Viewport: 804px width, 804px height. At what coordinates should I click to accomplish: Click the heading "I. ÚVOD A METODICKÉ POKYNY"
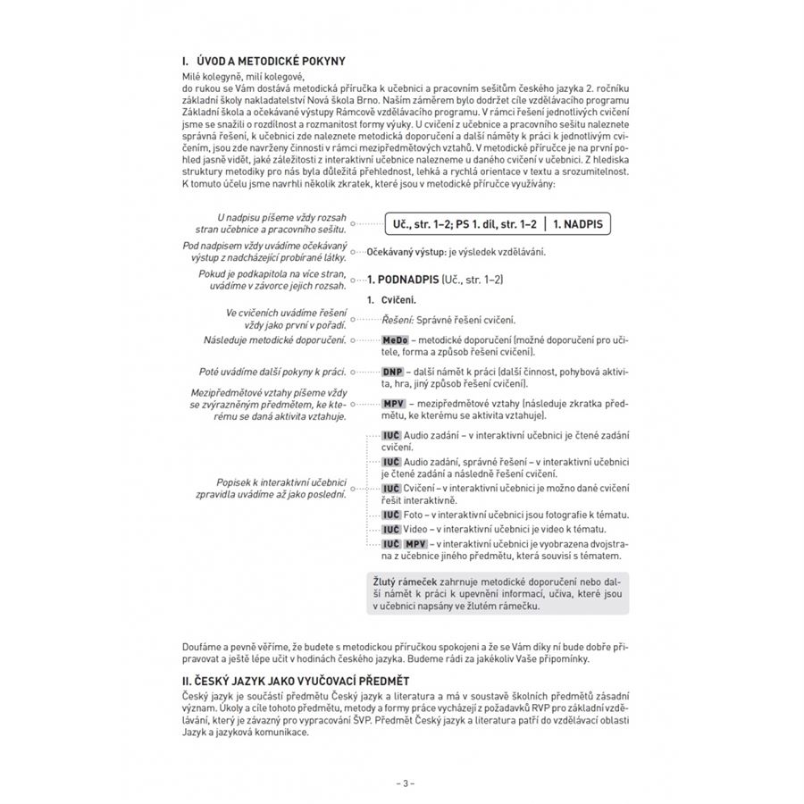click(x=263, y=62)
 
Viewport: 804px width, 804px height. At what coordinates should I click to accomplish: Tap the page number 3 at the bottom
click(x=405, y=784)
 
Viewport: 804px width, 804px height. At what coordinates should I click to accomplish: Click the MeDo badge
click(x=394, y=340)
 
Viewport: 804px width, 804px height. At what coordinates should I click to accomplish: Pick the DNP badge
click(x=392, y=371)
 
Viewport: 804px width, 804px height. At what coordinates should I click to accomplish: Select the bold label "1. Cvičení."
click(x=392, y=300)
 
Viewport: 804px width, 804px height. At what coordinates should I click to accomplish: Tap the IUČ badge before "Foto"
click(x=390, y=515)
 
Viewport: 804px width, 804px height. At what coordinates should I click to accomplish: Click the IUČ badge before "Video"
click(x=390, y=529)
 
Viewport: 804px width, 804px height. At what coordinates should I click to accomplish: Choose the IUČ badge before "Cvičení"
click(x=390, y=488)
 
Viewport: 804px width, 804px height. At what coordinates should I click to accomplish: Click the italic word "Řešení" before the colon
click(x=397, y=320)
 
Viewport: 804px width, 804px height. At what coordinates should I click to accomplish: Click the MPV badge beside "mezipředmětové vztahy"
click(x=394, y=404)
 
